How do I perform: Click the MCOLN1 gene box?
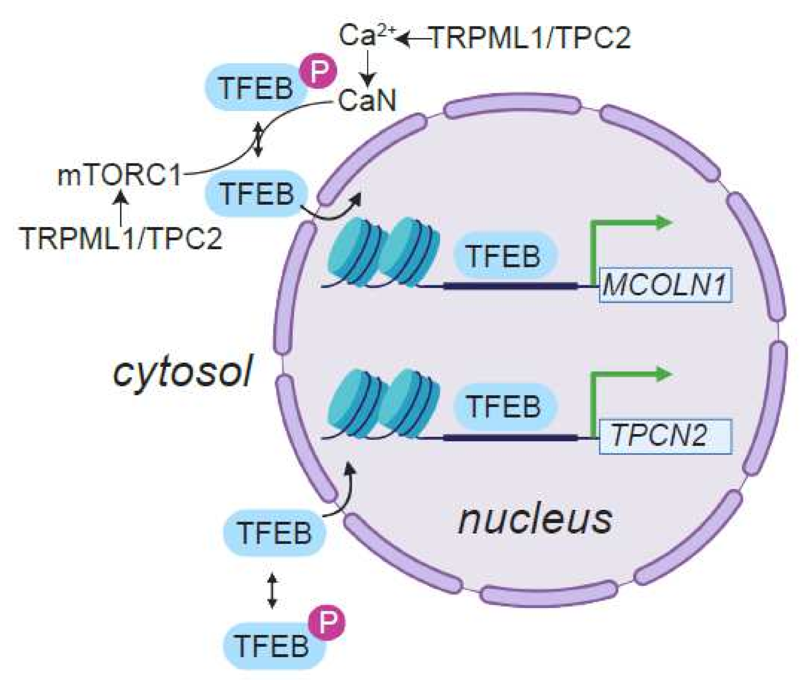(x=665, y=285)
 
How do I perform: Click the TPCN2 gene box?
(x=665, y=436)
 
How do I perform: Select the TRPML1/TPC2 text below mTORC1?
(x=122, y=238)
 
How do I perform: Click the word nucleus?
(x=535, y=519)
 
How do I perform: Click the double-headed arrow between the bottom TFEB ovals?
(x=272, y=590)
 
